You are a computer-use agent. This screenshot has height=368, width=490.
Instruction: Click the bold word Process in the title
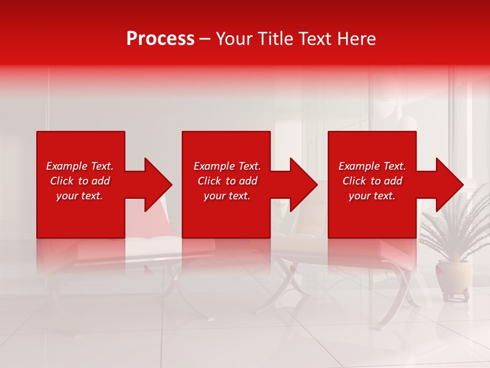click(160, 39)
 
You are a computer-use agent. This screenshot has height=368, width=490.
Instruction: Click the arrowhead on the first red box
click(156, 185)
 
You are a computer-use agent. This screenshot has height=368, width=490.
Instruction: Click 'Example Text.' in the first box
click(80, 166)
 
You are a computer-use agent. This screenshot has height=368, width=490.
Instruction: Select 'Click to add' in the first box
click(80, 181)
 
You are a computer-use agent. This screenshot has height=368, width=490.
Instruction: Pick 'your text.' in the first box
click(80, 196)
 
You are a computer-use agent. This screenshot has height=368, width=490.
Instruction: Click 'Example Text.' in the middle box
click(227, 166)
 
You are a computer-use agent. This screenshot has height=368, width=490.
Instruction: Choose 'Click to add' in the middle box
click(227, 181)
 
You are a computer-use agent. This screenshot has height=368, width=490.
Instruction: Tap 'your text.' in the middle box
click(227, 196)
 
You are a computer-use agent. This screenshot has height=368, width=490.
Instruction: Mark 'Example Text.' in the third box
click(372, 166)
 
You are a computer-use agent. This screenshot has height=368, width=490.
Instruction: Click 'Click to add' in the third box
click(372, 181)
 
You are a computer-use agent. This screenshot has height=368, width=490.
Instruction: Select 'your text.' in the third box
click(372, 196)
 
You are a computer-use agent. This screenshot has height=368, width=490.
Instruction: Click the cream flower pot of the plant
click(454, 277)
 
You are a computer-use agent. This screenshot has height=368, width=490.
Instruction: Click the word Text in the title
click(314, 39)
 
